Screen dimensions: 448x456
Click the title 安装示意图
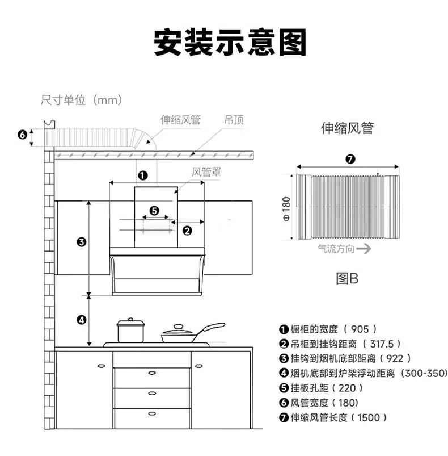pos(230,42)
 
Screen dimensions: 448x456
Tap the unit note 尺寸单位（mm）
pos(81,100)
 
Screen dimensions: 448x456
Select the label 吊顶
pos(234,120)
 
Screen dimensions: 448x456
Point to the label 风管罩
pos(206,172)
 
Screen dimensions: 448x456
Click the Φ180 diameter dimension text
pos(286,209)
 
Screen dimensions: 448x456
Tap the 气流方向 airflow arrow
pos(364,249)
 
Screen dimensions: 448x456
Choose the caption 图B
pos(347,278)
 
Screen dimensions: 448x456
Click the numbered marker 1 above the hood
pos(143,175)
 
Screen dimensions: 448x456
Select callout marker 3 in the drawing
pos(82,242)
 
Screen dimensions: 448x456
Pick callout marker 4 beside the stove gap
pos(82,320)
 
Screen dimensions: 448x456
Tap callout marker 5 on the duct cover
pos(154,211)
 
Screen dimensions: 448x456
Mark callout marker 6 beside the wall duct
pos(22,135)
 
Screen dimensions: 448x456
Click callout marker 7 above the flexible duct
pos(350,159)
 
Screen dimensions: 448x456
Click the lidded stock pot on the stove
pos(130,331)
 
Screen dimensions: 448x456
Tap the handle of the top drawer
pos(152,373)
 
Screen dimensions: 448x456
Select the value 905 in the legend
pos(360,329)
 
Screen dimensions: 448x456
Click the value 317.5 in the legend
pos(382,344)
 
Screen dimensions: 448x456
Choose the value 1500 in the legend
pos(369,417)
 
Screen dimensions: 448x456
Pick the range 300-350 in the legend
pos(426,373)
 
